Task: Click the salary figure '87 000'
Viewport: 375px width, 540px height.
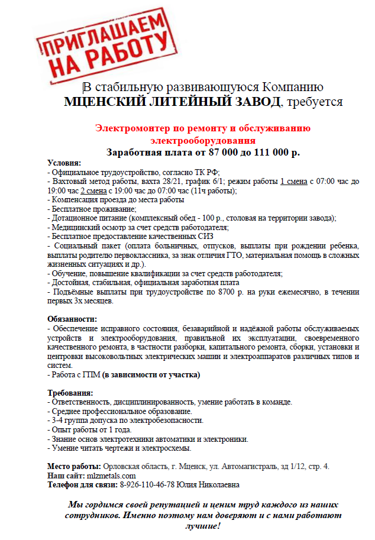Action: pos(228,153)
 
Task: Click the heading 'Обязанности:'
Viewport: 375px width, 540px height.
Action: pos(72,319)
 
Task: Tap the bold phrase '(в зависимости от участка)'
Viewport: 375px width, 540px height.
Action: pos(151,374)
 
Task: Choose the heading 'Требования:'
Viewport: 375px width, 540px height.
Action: pos(70,393)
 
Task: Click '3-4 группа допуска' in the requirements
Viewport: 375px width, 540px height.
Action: pos(82,421)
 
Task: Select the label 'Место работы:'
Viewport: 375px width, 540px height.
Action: pos(74,467)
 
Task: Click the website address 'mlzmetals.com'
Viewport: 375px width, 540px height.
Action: pos(111,476)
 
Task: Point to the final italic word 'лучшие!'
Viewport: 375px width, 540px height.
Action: pos(202,526)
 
